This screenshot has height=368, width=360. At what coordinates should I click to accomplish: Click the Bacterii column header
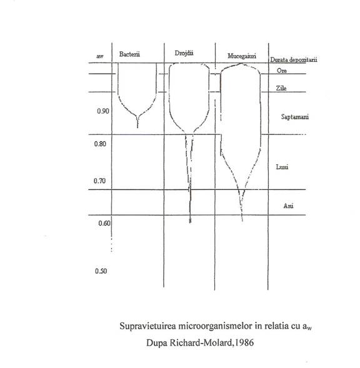(x=129, y=54)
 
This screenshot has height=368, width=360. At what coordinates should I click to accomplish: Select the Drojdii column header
(x=184, y=53)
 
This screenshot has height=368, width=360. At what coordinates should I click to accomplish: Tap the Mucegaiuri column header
(x=242, y=56)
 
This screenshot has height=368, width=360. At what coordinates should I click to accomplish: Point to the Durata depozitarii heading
(x=294, y=60)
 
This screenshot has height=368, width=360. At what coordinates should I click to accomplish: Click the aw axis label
(x=100, y=56)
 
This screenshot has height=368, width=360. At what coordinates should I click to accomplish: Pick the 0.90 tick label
(x=103, y=111)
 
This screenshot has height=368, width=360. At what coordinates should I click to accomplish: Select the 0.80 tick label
(x=100, y=144)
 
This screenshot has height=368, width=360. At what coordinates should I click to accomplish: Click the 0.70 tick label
(x=99, y=181)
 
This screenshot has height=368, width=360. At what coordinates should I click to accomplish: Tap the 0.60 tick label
(x=104, y=223)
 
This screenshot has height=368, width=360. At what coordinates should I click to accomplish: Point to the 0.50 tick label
(x=101, y=271)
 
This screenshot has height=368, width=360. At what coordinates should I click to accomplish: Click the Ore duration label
(x=282, y=71)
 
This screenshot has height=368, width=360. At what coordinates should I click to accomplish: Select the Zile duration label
(x=281, y=88)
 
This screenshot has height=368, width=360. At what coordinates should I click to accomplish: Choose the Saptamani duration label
(x=295, y=117)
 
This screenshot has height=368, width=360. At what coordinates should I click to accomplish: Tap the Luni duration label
(x=282, y=167)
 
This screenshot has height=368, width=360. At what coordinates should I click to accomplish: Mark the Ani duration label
(x=288, y=206)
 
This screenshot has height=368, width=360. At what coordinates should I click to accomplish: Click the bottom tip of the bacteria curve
(x=137, y=127)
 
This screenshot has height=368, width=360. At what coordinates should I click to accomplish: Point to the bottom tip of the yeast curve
(x=190, y=222)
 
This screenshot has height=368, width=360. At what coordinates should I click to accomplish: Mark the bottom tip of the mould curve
(x=242, y=221)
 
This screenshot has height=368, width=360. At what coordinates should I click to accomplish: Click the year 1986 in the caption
(x=244, y=343)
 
